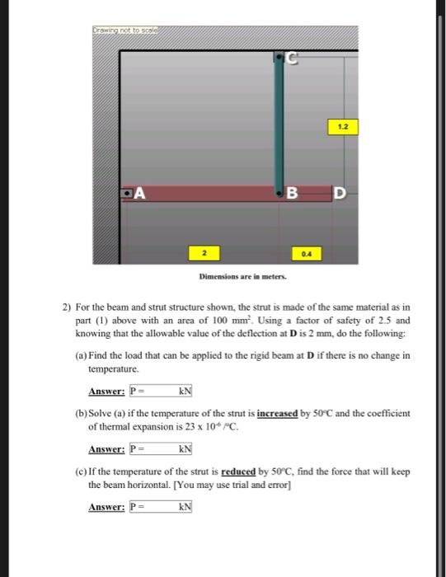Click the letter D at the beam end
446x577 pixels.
(x=339, y=195)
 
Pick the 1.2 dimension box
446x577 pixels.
(x=341, y=126)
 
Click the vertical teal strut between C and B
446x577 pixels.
(x=279, y=124)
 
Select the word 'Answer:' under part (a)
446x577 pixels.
(x=106, y=391)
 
